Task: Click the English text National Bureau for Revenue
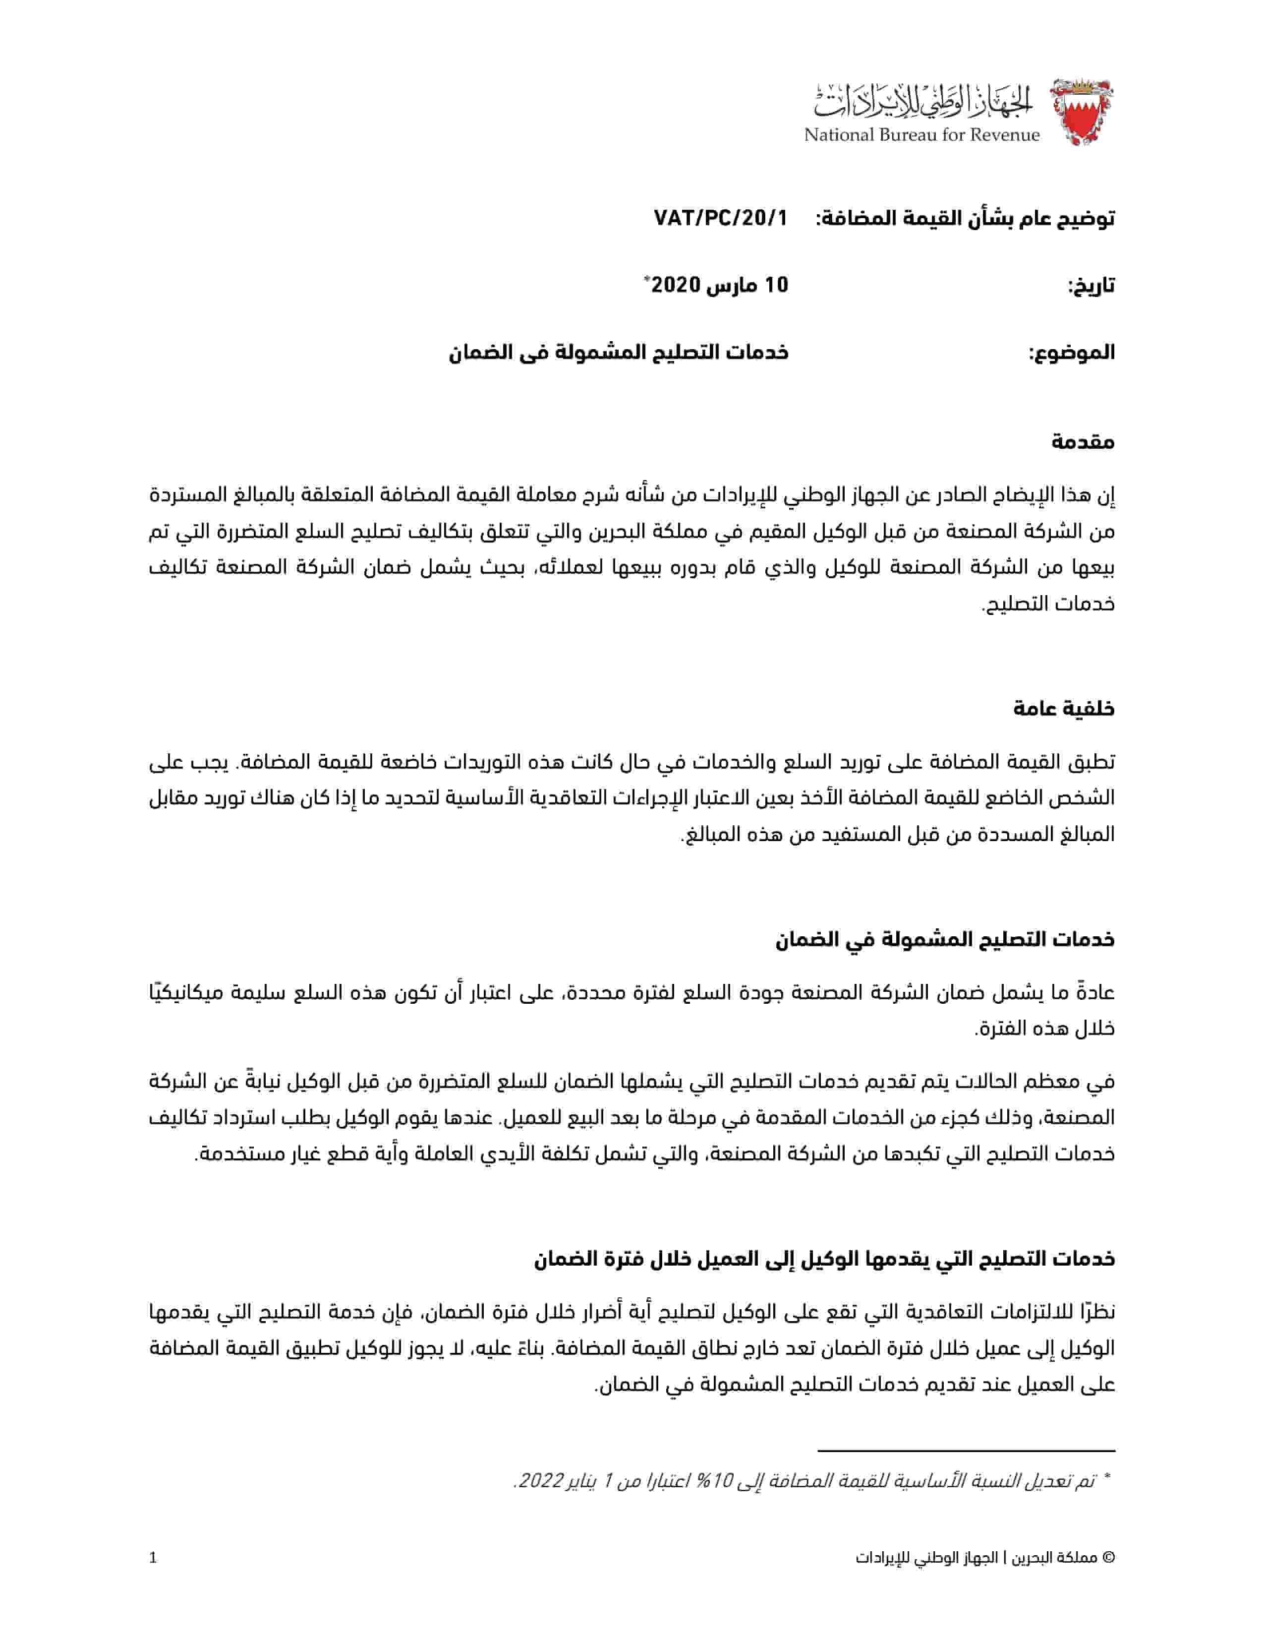[x=921, y=135]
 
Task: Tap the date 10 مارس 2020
[x=719, y=285]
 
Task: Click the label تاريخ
[x=1091, y=287]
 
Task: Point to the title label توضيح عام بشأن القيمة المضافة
[x=965, y=218]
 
